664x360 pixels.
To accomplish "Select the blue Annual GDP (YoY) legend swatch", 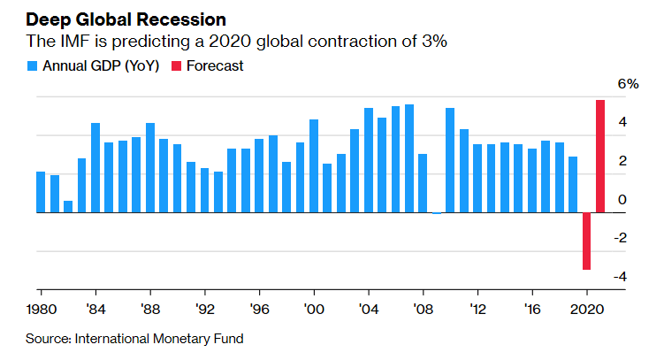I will (33, 65).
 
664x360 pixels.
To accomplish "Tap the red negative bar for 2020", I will (586, 241).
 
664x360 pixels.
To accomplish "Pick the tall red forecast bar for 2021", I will (600, 157).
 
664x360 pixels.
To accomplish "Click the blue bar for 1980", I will (41, 192).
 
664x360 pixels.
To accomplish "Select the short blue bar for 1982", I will (68, 207).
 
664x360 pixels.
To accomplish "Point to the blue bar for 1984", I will (95, 168).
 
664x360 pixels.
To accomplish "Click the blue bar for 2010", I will (450, 160).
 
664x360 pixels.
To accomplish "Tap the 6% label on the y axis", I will (628, 85).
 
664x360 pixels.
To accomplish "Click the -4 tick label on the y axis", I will (622, 277).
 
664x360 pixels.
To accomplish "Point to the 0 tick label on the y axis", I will (622, 200).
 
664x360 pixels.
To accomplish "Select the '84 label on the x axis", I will (95, 310).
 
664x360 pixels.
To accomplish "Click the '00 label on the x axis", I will (314, 310).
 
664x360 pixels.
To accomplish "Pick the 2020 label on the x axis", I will (585, 310).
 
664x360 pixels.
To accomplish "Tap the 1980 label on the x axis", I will (42, 310).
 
